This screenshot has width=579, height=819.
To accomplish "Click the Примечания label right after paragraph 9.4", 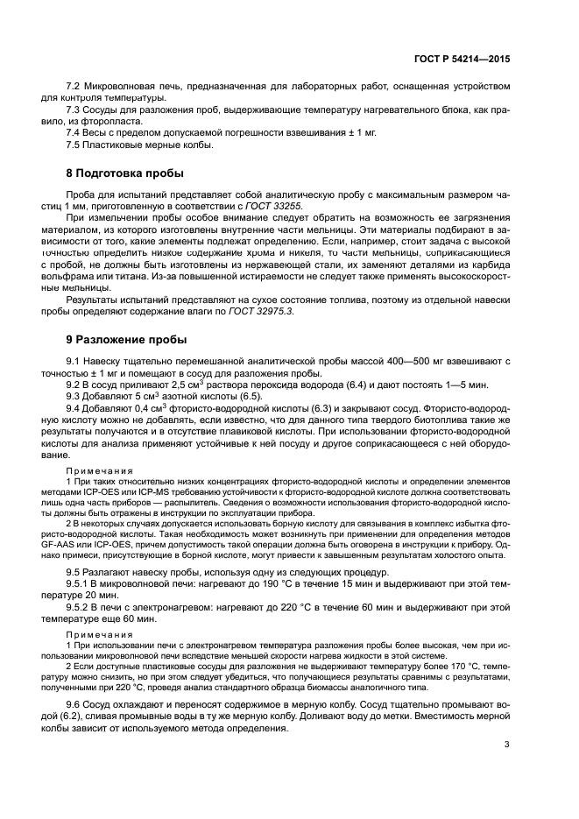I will [x=94, y=470].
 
